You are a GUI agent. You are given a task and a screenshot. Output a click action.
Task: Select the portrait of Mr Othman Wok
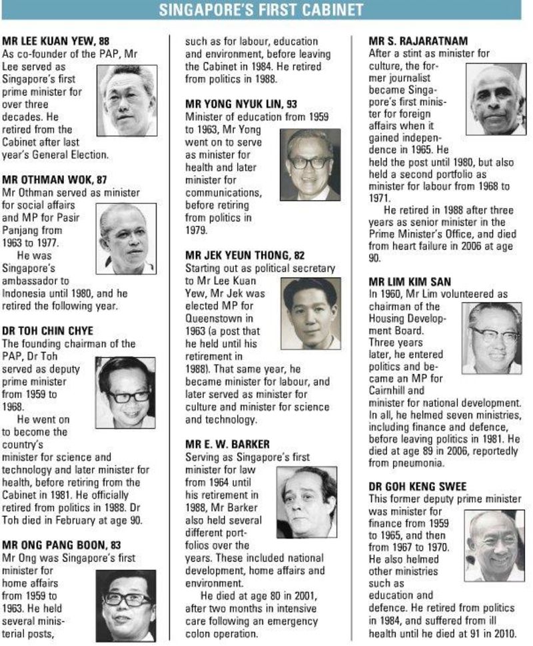click(127, 238)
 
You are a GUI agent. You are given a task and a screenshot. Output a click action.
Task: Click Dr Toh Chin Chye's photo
click(125, 392)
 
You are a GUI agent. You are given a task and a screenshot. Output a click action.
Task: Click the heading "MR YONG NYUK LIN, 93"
click(241, 104)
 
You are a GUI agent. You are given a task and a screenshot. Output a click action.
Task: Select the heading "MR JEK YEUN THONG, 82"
click(245, 255)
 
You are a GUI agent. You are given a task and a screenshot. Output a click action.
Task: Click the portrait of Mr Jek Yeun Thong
click(310, 313)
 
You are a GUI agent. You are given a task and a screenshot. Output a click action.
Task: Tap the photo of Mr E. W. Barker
click(306, 501)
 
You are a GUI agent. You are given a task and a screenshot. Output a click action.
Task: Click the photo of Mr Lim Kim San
click(492, 338)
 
